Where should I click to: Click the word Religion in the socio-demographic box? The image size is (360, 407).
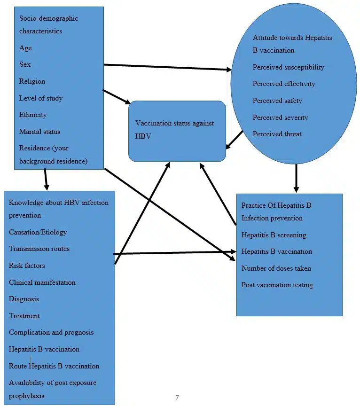click(x=32, y=81)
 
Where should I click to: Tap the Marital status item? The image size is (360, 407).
click(x=39, y=132)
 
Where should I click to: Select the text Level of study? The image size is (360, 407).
click(x=40, y=98)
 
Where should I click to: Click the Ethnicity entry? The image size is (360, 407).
click(x=33, y=115)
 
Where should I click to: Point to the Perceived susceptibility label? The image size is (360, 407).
click(x=288, y=67)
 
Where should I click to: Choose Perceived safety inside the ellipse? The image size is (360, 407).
click(x=277, y=101)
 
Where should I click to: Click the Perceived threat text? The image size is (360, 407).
click(x=277, y=134)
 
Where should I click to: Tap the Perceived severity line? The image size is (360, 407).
click(x=280, y=117)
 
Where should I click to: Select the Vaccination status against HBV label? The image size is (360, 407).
click(x=174, y=129)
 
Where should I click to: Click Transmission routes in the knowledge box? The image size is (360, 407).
click(x=39, y=249)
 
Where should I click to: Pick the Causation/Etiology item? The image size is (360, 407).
click(x=38, y=232)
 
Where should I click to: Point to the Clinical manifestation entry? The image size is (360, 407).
click(x=42, y=282)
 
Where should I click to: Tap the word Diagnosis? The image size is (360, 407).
click(x=24, y=299)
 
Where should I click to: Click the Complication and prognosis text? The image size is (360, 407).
click(x=51, y=332)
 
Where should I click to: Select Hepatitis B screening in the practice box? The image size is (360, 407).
click(x=274, y=235)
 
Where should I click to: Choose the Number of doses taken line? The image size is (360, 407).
click(x=276, y=268)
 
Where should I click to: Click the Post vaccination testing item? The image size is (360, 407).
click(x=277, y=285)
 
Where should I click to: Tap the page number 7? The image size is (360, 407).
click(x=177, y=398)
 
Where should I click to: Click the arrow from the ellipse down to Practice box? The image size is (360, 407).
click(x=296, y=178)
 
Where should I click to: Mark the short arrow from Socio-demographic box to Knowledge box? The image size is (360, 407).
click(x=46, y=179)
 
